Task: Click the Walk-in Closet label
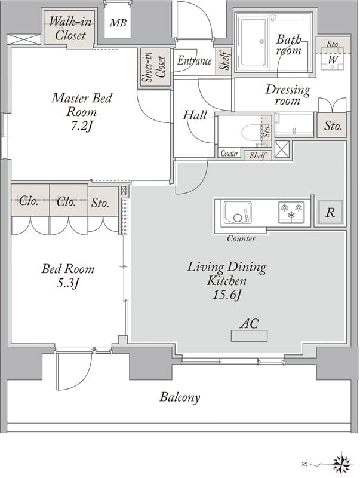coord(70,28)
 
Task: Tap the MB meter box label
coord(118,23)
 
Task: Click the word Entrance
coord(194,60)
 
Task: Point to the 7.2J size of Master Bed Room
coord(81,125)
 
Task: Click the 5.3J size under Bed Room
coord(68,283)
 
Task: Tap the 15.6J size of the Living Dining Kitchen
coord(227,295)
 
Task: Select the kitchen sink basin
coord(238,212)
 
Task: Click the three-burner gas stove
coord(291,212)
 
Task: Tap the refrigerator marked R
coord(331,212)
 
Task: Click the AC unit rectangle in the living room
coord(249,336)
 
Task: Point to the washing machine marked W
coord(333,59)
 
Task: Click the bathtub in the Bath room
coord(253,42)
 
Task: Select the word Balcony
coord(180,397)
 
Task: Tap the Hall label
coord(195,115)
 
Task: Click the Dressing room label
coord(288,95)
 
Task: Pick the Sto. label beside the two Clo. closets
coord(100,203)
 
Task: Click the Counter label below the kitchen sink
coord(241,238)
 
